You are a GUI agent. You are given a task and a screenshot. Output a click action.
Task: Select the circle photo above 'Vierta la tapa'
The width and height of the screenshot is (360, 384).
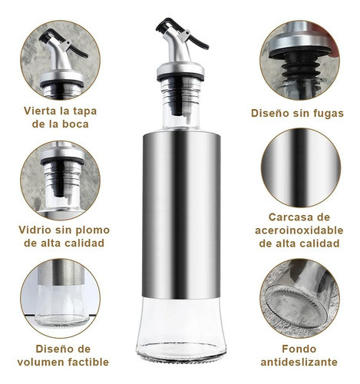(60, 60)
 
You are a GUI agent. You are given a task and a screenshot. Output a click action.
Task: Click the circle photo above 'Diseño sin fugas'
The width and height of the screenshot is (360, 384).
(298, 60)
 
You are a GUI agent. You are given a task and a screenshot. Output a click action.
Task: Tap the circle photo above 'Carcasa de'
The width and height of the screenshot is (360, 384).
(298, 167)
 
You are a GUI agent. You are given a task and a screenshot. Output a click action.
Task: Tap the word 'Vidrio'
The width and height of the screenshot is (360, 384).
(36, 230)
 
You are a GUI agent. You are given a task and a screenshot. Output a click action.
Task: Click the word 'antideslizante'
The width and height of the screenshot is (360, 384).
(298, 362)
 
